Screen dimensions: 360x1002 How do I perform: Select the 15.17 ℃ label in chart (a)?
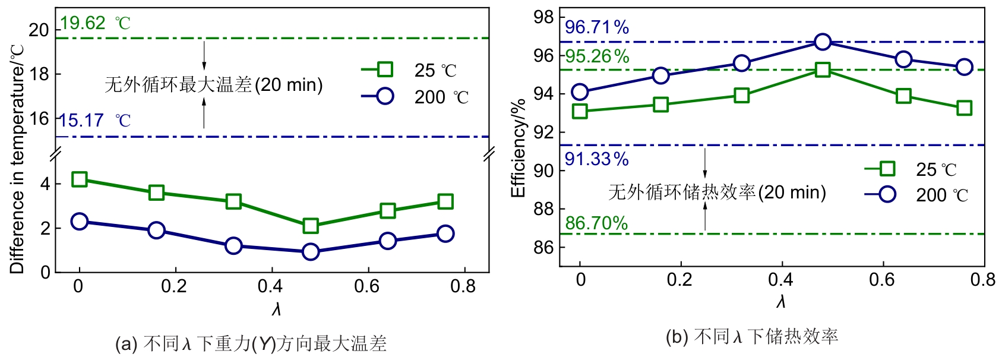[94, 121]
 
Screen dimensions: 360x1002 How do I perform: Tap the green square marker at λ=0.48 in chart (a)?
[310, 226]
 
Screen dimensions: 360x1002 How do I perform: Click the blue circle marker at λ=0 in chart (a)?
[79, 222]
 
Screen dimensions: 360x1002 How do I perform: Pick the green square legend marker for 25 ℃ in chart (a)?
[385, 70]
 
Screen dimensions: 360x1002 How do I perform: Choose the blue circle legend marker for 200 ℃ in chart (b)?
[887, 194]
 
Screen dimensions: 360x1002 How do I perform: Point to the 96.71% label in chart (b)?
[596, 27]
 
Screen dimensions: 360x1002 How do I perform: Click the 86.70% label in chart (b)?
[596, 223]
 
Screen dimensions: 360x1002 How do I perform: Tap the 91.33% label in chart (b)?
[596, 159]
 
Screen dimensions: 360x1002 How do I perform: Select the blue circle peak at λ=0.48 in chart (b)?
[823, 42]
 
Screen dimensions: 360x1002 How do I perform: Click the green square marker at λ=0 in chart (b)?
[580, 111]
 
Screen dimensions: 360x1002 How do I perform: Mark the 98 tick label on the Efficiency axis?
[543, 17]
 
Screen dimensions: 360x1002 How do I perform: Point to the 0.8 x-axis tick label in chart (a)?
[463, 286]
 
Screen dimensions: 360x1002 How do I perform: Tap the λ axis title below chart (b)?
[781, 302]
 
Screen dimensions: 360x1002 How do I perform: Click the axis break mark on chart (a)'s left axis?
[55, 156]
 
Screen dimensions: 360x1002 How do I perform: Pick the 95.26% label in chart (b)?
[596, 56]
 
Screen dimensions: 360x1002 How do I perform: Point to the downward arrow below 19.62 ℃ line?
[204, 56]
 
